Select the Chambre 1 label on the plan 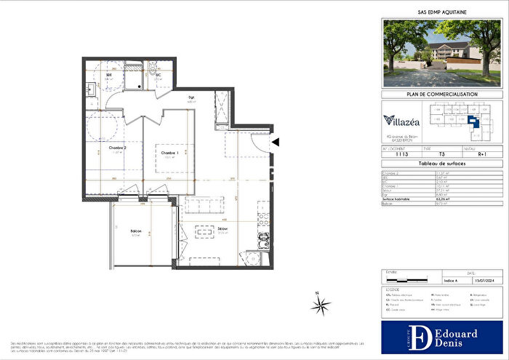pyautogui.click(x=169, y=153)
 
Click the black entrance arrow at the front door pyautogui.click(x=274, y=144)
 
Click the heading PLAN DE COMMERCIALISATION pyautogui.click(x=441, y=95)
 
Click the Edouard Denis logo pyautogui.click(x=441, y=337)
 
